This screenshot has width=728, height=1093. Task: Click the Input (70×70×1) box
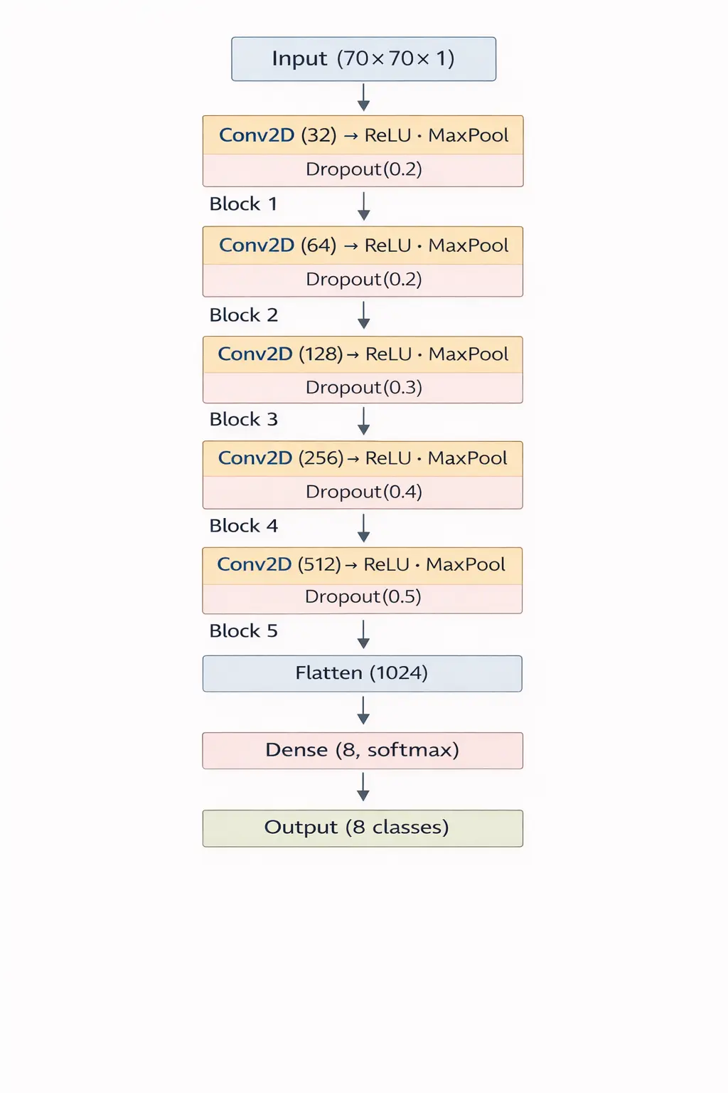tap(363, 59)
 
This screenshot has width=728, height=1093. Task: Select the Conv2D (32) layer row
tap(363, 135)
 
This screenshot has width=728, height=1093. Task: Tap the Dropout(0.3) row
tap(363, 388)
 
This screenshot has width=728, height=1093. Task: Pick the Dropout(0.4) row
tap(363, 492)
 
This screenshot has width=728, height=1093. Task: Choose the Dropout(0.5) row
tap(363, 597)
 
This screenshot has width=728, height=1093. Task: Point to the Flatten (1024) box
tap(362, 673)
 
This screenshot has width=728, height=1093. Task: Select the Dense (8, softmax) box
tap(362, 750)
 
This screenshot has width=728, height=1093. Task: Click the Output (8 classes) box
tap(362, 828)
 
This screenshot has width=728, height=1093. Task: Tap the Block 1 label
tap(243, 204)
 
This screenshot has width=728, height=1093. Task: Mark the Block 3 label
tap(243, 420)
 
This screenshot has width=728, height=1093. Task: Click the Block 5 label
tap(243, 631)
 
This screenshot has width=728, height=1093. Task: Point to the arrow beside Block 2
tap(363, 315)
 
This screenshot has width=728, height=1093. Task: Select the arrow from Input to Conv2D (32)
tap(363, 97)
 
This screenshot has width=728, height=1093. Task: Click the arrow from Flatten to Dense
tap(363, 710)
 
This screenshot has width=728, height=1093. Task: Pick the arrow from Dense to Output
tap(363, 787)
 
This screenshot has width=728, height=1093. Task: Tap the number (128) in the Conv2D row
tap(321, 354)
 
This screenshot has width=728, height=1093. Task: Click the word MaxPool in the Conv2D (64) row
tap(468, 245)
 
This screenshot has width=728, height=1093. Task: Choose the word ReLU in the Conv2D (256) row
tap(388, 458)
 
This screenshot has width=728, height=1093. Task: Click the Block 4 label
tap(243, 526)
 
